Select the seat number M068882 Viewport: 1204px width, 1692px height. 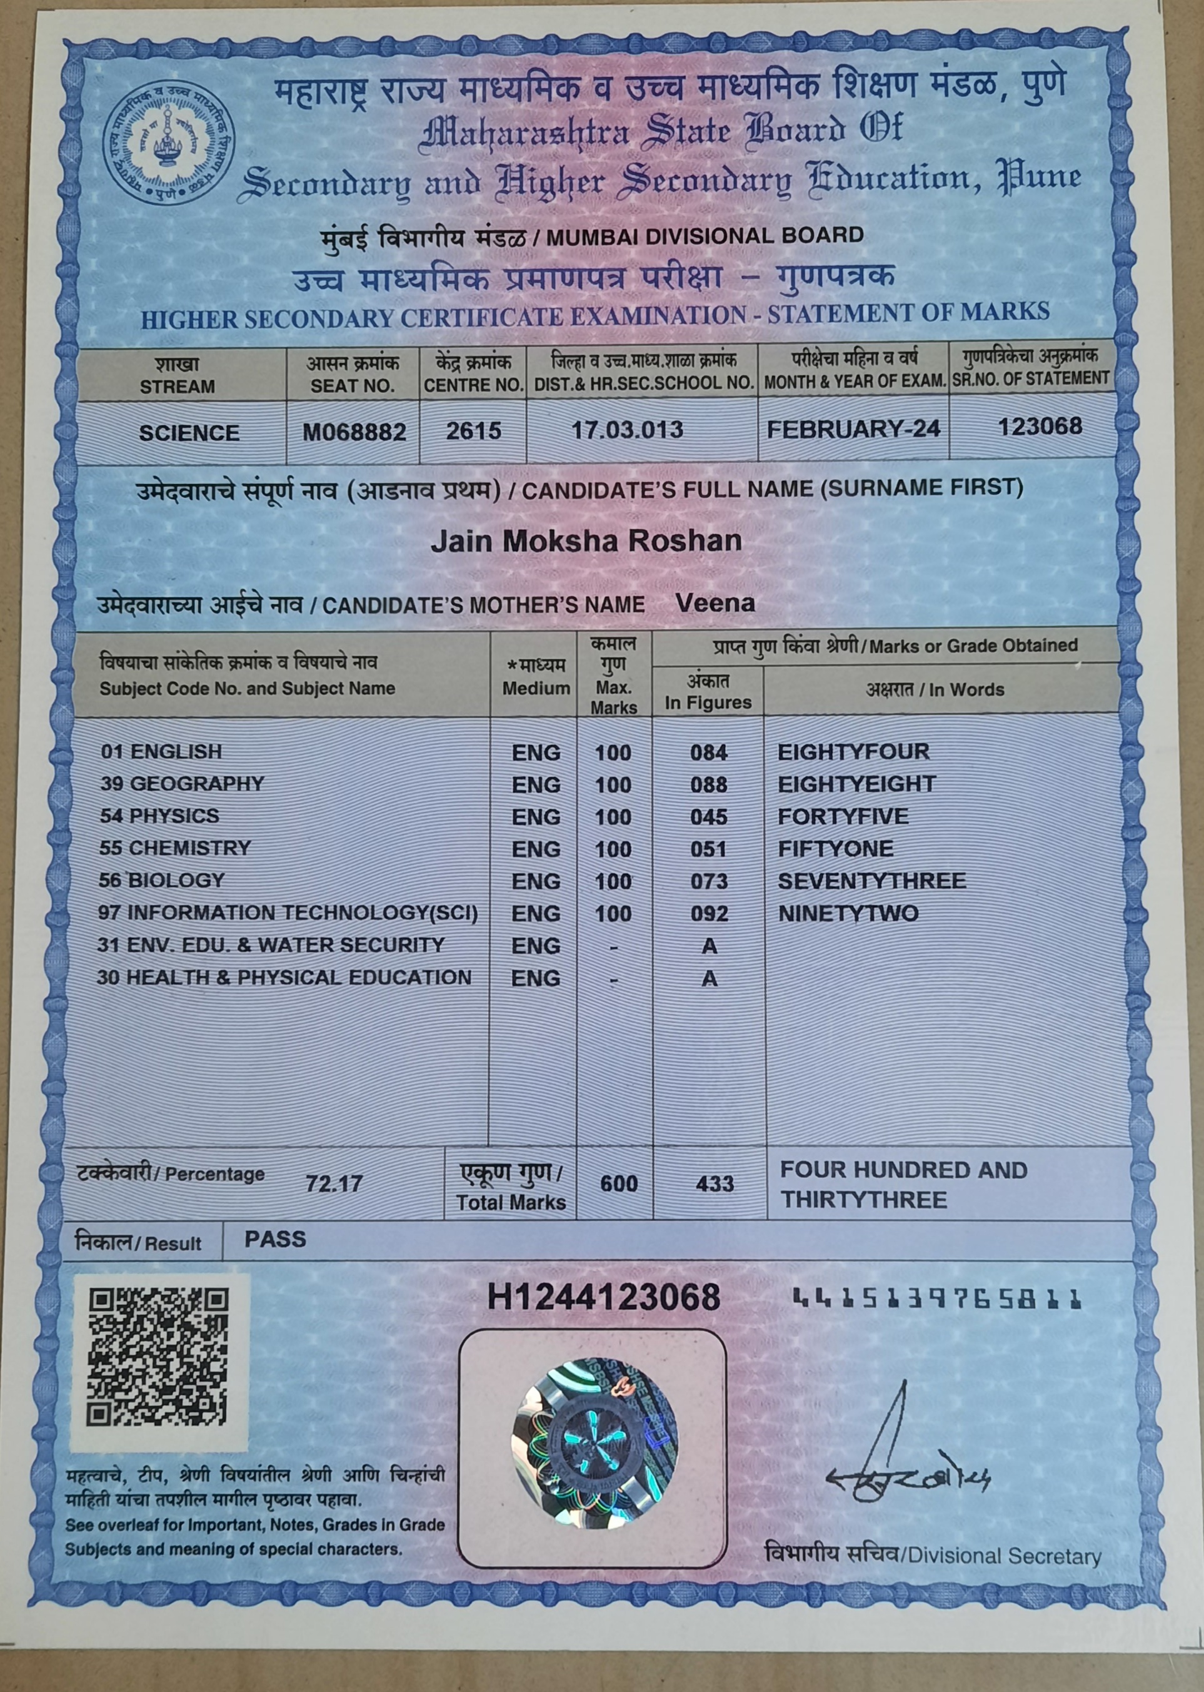354,432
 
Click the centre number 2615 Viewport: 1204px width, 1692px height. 473,431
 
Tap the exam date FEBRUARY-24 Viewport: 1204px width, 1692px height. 853,428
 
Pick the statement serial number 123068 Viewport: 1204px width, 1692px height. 1040,427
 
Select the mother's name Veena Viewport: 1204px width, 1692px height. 715,602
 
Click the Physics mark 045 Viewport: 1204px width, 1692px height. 708,817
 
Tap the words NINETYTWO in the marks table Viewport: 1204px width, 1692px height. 848,913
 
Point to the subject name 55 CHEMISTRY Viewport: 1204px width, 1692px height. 175,848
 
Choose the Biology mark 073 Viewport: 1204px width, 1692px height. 709,881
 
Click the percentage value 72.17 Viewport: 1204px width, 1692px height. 334,1183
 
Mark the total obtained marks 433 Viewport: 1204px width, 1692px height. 715,1183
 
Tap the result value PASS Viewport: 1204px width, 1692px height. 275,1240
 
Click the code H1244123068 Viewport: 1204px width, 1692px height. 603,1297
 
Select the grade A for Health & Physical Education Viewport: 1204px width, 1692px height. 710,979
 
